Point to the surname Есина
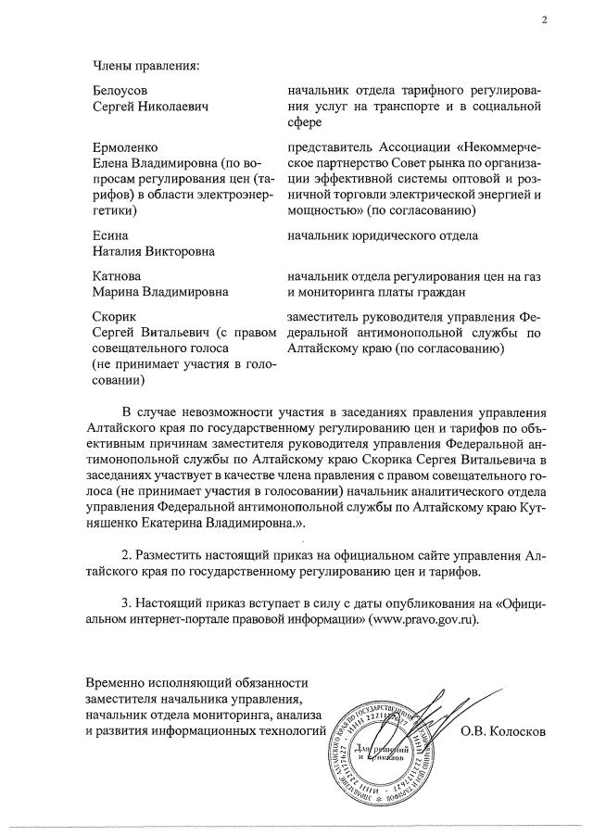[110, 235]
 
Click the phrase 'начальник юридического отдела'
[383, 235]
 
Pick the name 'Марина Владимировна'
[161, 294]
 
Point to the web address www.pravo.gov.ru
[425, 619]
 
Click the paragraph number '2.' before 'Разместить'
[127, 554]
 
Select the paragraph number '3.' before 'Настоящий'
[127, 603]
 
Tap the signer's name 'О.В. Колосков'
[504, 730]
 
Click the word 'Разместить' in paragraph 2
[176, 554]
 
